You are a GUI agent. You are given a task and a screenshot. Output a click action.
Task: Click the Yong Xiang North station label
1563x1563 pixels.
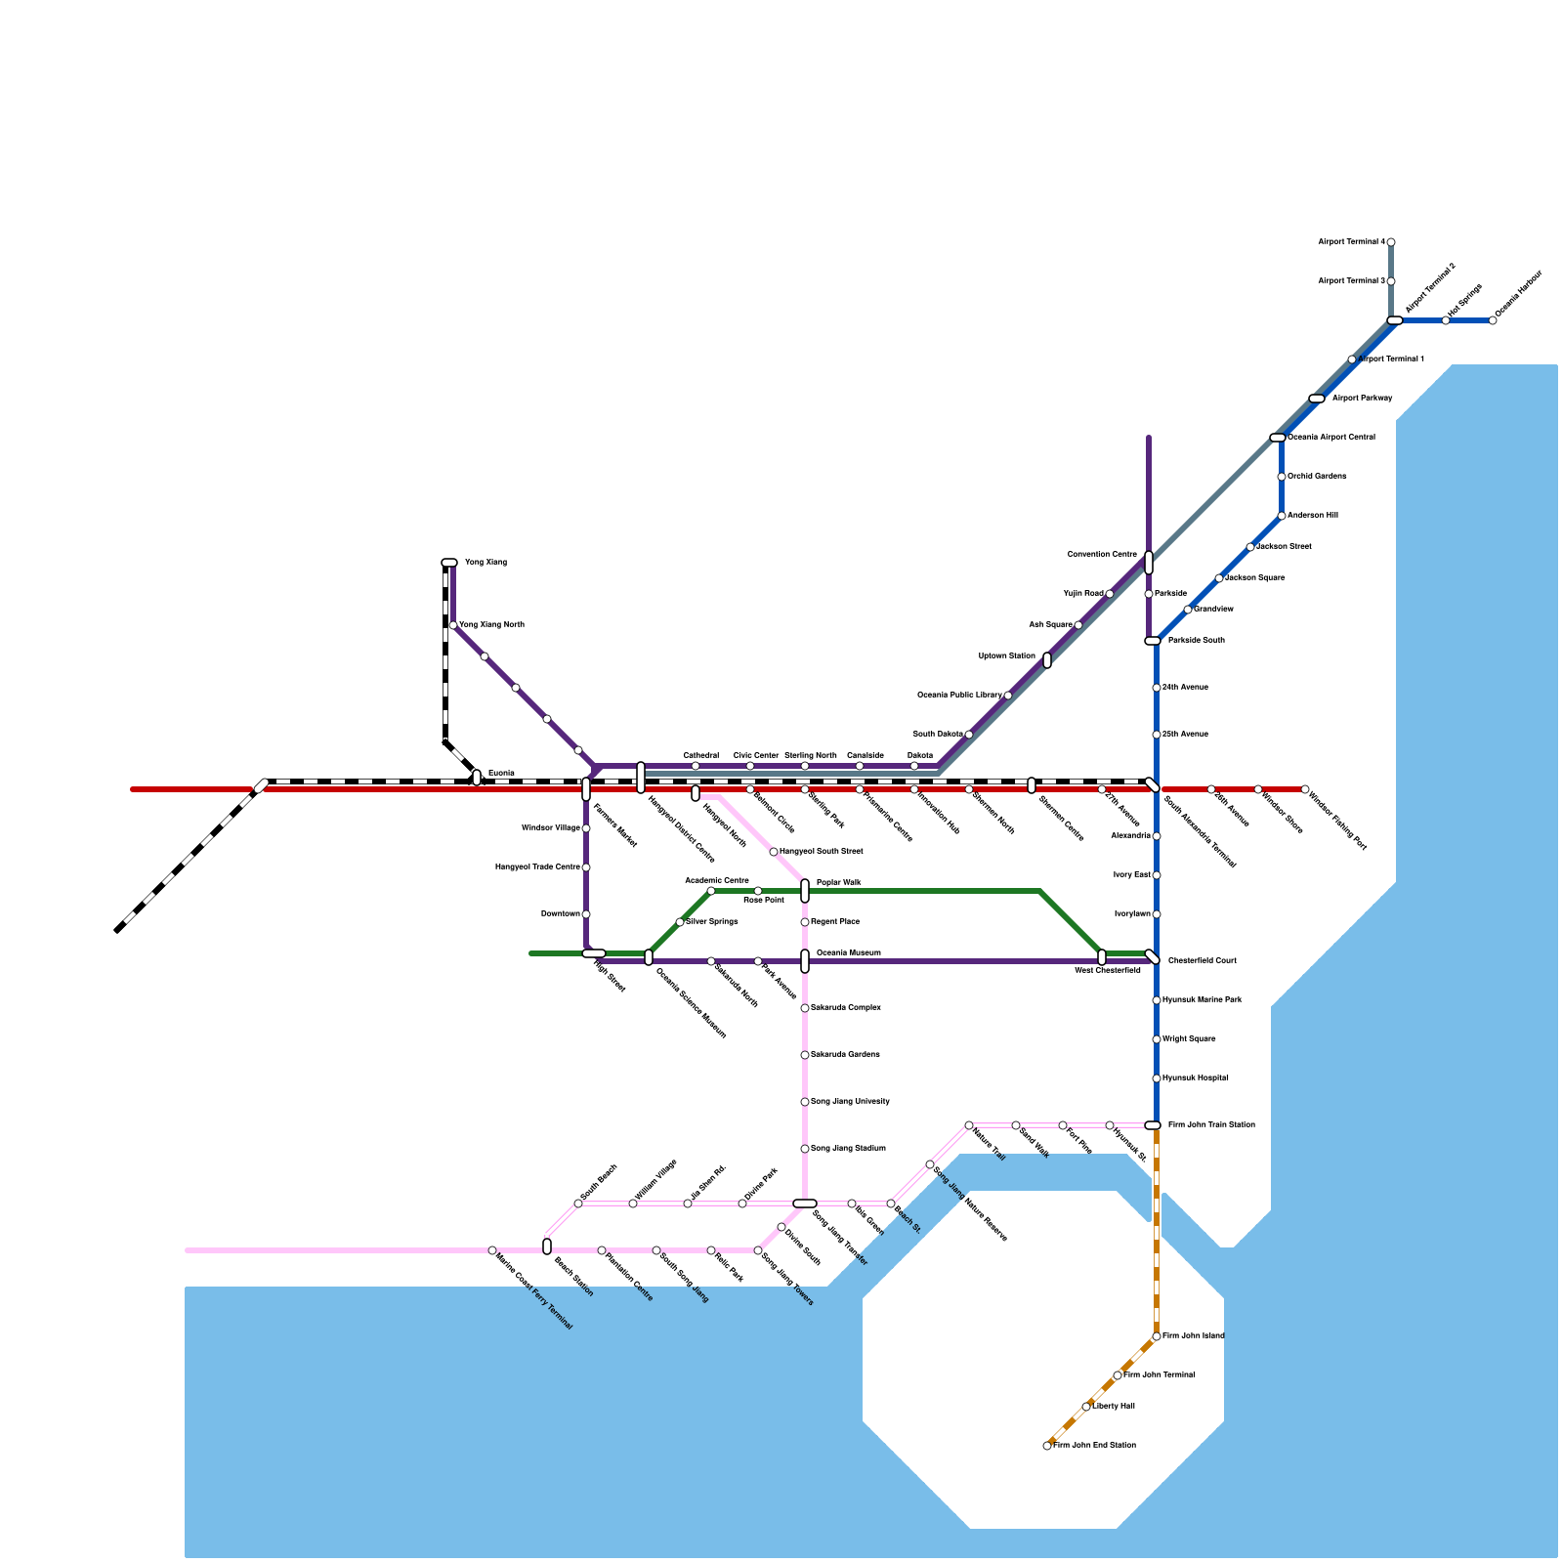(491, 625)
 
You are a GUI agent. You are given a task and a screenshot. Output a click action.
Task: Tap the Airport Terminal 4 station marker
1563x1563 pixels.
(1391, 242)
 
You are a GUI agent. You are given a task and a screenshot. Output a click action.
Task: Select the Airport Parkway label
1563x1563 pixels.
(1362, 399)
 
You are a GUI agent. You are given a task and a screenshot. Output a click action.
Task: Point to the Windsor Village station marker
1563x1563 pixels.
(586, 828)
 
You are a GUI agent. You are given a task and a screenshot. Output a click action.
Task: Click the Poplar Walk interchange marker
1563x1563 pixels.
(805, 891)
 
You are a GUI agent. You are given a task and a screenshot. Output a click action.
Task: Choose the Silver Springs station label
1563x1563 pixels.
(712, 922)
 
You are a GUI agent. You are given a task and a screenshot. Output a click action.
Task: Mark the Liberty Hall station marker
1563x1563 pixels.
(1086, 1407)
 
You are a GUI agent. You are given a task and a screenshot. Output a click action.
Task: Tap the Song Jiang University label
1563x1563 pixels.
(850, 1102)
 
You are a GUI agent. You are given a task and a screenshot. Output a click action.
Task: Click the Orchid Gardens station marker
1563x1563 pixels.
(1282, 477)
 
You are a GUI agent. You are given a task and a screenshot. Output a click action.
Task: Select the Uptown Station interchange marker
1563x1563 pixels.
(1047, 660)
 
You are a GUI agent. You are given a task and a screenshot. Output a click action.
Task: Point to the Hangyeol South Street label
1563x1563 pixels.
(821, 852)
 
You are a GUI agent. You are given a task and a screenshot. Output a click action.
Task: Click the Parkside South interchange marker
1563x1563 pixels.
(1153, 641)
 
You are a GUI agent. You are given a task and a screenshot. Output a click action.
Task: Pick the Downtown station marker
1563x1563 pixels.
(586, 914)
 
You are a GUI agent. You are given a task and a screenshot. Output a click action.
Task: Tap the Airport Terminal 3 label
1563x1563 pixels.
(1351, 281)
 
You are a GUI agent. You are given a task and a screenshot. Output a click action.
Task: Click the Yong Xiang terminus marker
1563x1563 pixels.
(449, 563)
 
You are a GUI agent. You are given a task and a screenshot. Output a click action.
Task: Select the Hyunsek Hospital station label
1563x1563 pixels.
(1196, 1078)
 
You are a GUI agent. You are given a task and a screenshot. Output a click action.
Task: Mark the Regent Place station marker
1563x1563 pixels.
(805, 922)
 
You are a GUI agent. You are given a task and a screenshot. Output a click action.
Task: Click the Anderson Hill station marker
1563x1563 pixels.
(1282, 516)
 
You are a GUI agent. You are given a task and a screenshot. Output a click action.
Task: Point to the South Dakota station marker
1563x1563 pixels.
(969, 735)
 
